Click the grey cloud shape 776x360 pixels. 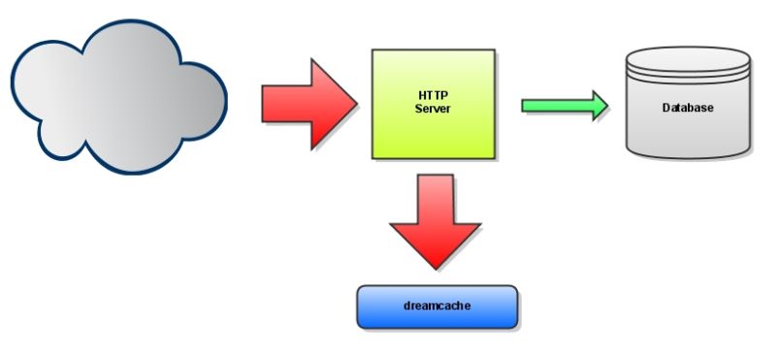click(116, 97)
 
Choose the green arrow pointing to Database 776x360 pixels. click(563, 105)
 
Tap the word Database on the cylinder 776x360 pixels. click(688, 108)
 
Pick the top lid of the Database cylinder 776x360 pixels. click(688, 60)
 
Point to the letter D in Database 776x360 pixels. click(665, 108)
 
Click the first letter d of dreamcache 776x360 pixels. click(406, 307)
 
